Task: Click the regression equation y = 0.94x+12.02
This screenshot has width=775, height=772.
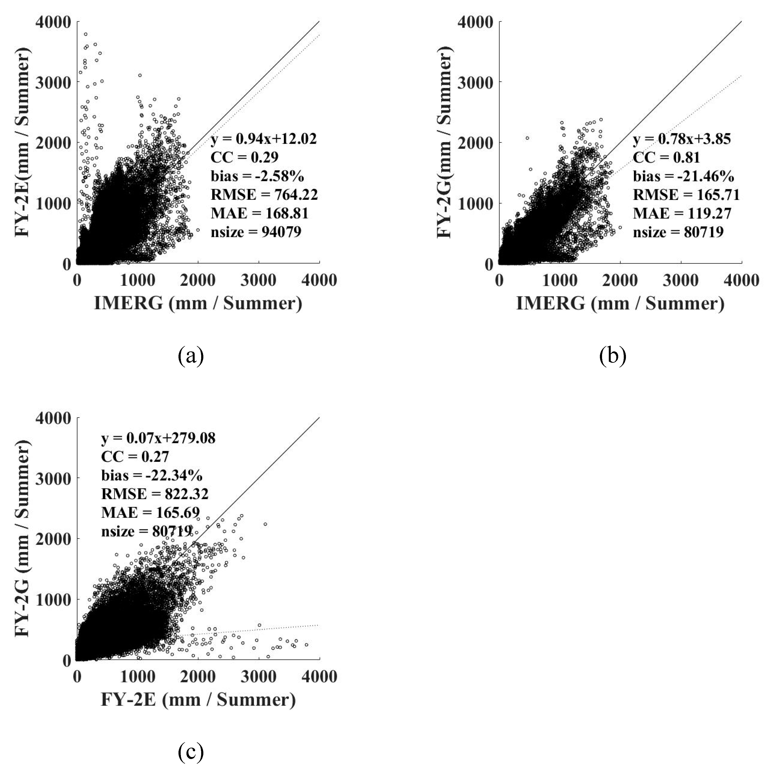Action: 264,139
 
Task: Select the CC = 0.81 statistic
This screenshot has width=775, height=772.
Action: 666,158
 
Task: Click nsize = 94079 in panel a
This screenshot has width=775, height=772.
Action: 256,232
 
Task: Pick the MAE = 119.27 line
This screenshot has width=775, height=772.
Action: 682,213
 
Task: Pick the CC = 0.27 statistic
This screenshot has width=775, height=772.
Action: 135,456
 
